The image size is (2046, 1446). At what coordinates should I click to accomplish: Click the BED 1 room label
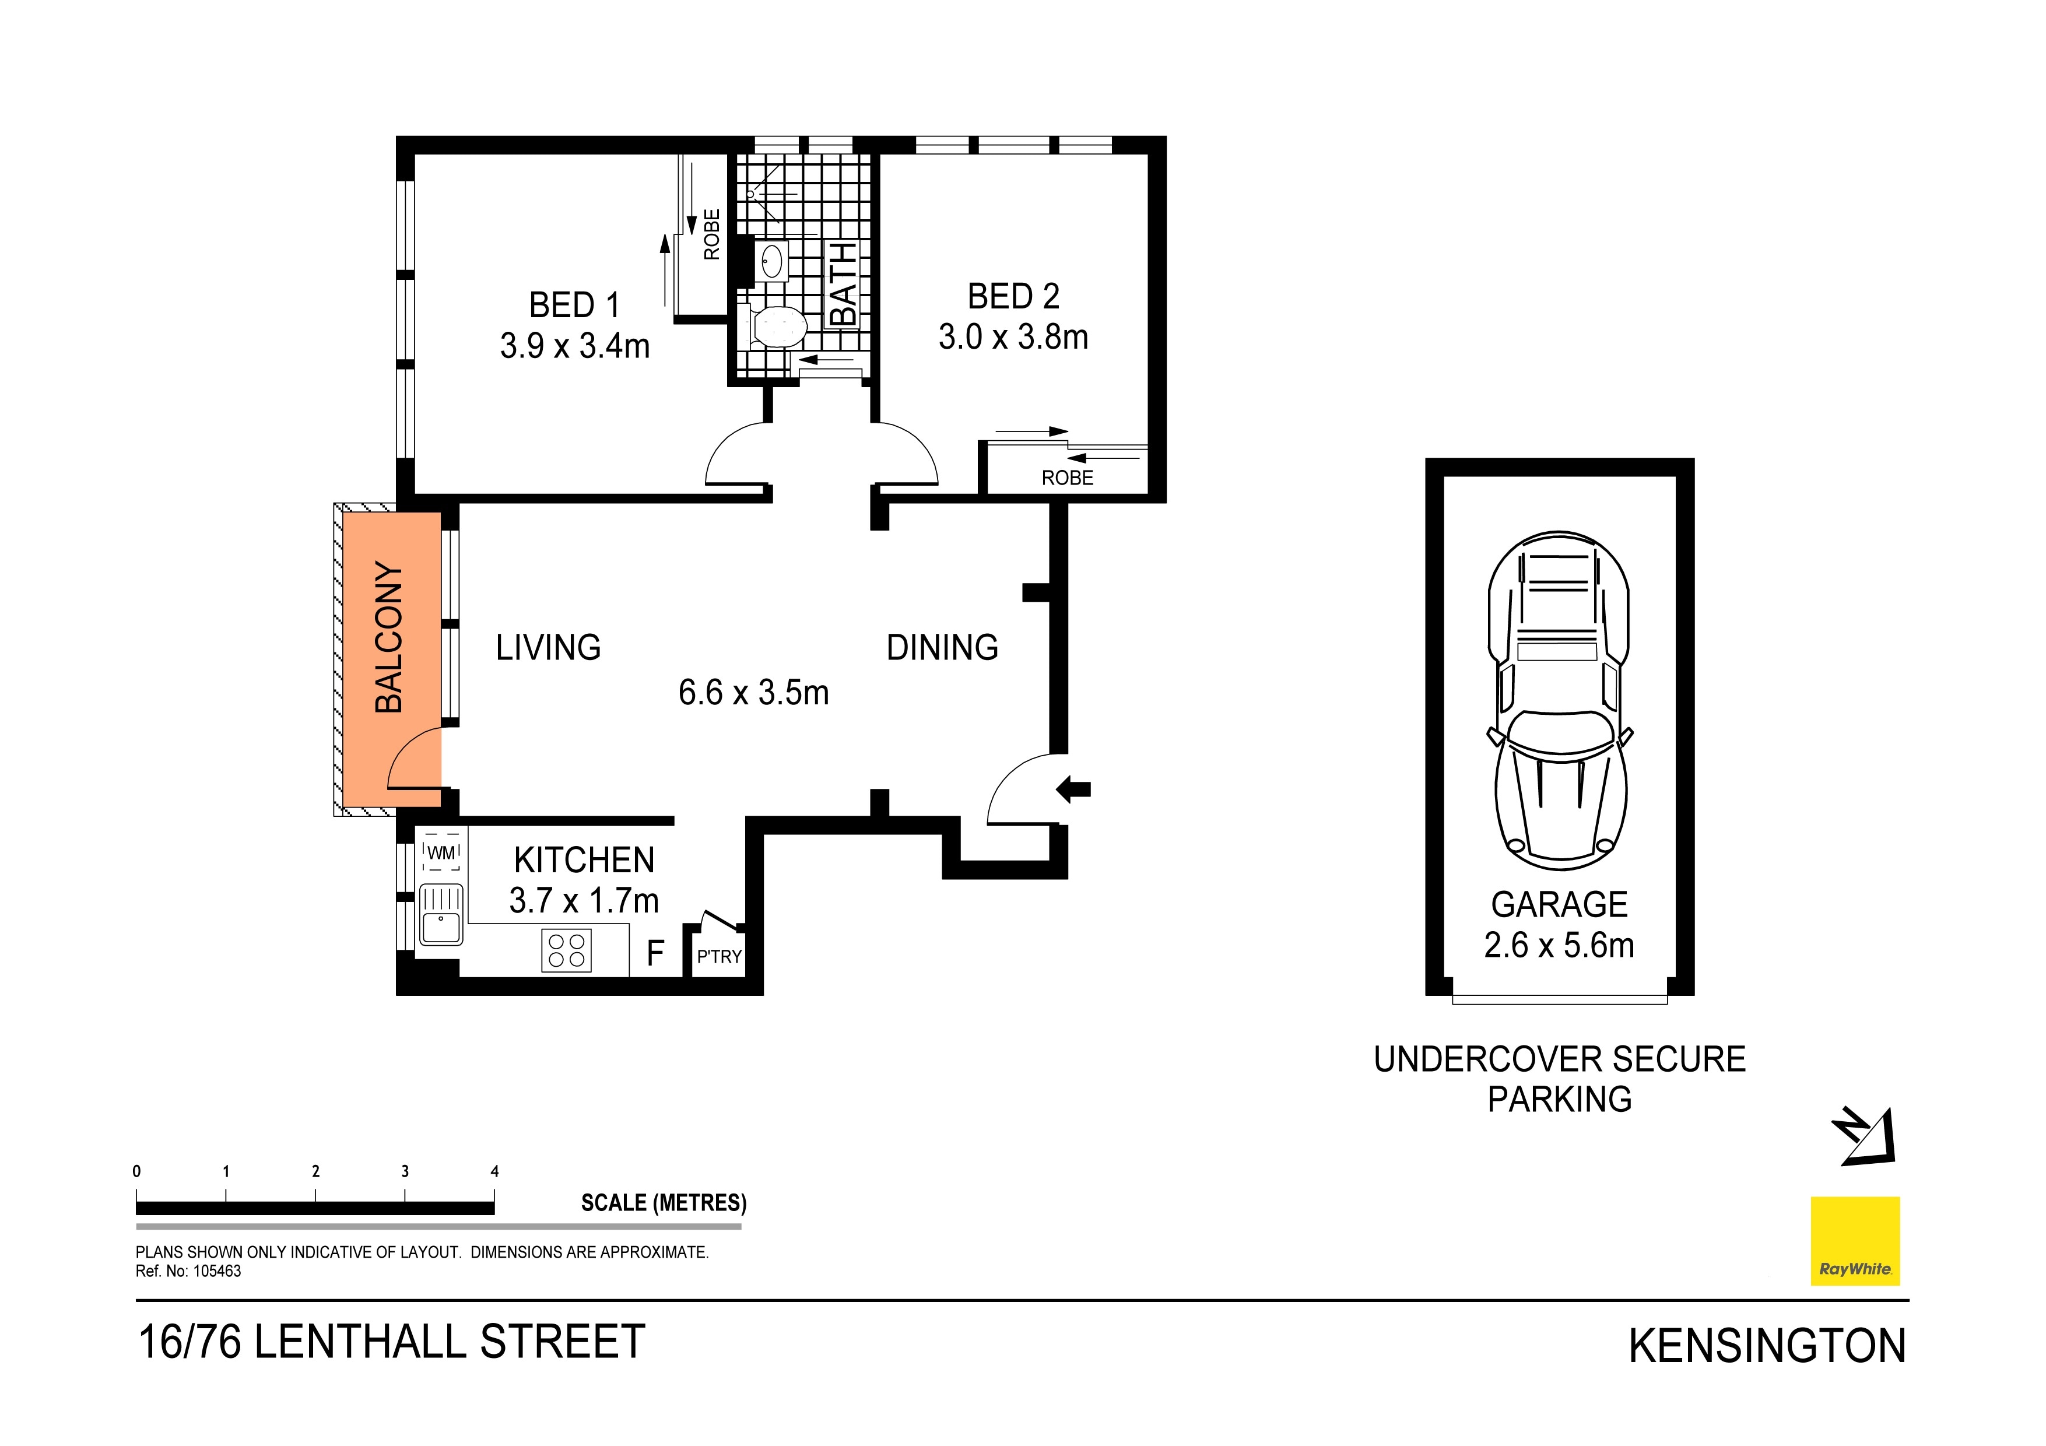point(575,305)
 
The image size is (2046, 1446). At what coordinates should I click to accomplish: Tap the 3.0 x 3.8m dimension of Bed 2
point(1013,337)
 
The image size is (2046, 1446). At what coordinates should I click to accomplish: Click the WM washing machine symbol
point(441,852)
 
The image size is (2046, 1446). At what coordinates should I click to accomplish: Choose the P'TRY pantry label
point(719,957)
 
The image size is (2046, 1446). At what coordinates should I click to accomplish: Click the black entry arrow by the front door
point(1074,788)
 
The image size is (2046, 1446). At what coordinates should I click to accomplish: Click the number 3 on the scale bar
point(405,1171)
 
